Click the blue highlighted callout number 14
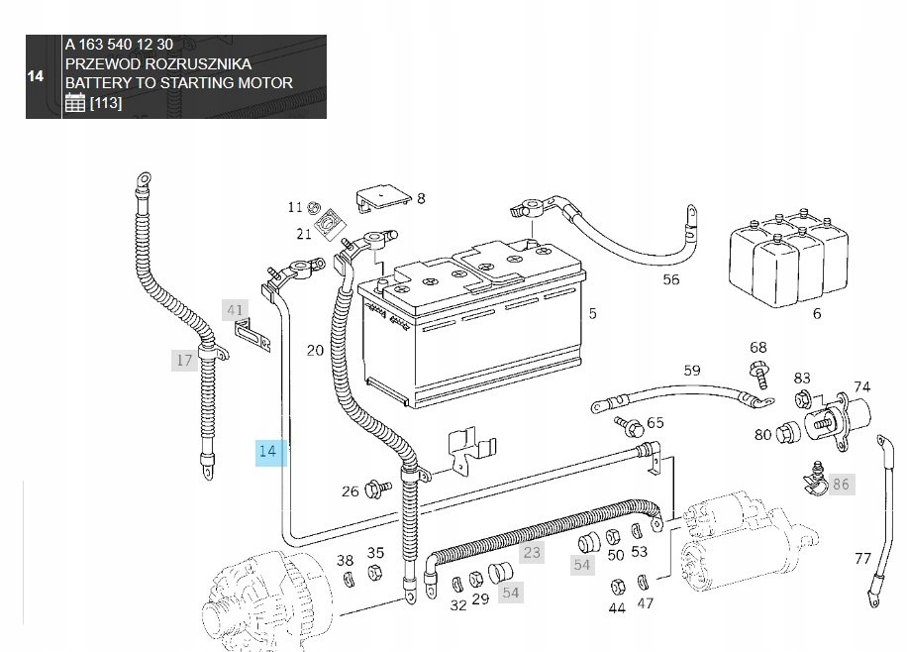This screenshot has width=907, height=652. click(x=271, y=452)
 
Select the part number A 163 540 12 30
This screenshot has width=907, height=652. click(x=119, y=45)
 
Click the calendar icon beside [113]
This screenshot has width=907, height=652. click(x=75, y=102)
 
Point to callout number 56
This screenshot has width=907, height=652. click(x=671, y=279)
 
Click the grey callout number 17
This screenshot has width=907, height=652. click(x=184, y=360)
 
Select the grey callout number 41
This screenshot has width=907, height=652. click(x=235, y=310)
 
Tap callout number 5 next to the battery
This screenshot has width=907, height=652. click(x=593, y=314)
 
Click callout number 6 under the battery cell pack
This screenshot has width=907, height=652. click(x=817, y=314)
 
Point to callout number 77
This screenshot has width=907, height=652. click(x=862, y=559)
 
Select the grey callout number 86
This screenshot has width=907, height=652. click(x=841, y=485)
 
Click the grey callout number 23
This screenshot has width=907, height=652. click(x=532, y=552)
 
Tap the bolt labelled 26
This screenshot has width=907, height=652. click(x=378, y=489)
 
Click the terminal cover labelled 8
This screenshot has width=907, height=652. click(x=383, y=198)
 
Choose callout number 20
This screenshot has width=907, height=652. click(x=315, y=351)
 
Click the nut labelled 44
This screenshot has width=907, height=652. click(x=617, y=587)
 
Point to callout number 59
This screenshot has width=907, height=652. click(x=692, y=371)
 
